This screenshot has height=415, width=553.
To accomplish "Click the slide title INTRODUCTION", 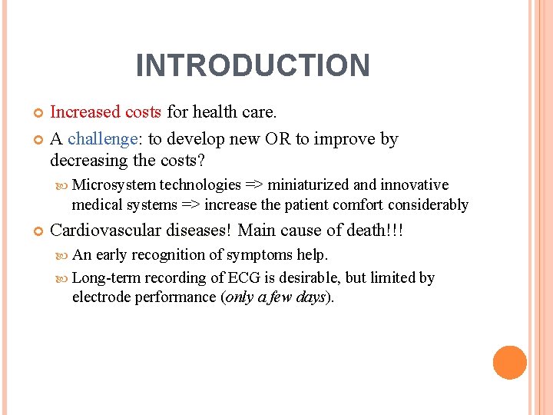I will [x=253, y=65].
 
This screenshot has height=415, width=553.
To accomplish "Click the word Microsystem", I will [x=113, y=184].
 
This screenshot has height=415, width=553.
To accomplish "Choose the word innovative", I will [x=412, y=184].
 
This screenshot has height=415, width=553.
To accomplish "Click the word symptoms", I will [x=260, y=254].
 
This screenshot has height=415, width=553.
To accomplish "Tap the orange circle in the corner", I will [x=510, y=363].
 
